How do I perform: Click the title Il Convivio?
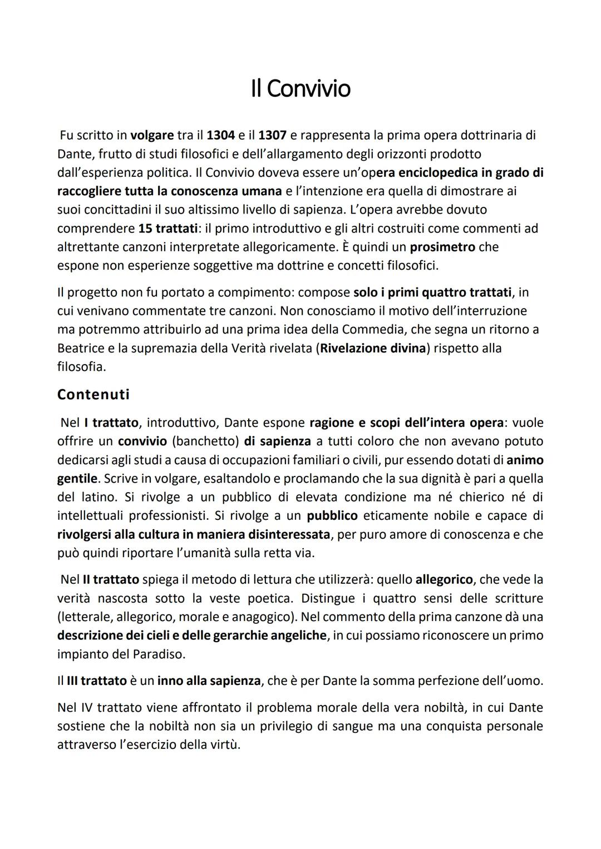tap(300, 88)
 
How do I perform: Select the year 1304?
tap(220, 135)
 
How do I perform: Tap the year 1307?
tap(273, 135)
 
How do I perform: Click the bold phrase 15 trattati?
tap(168, 229)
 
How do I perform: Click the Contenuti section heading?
tap(93, 395)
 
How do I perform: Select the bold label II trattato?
tap(111, 579)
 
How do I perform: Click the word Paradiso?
tap(158, 654)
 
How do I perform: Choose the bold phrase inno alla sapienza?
tap(209, 681)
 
